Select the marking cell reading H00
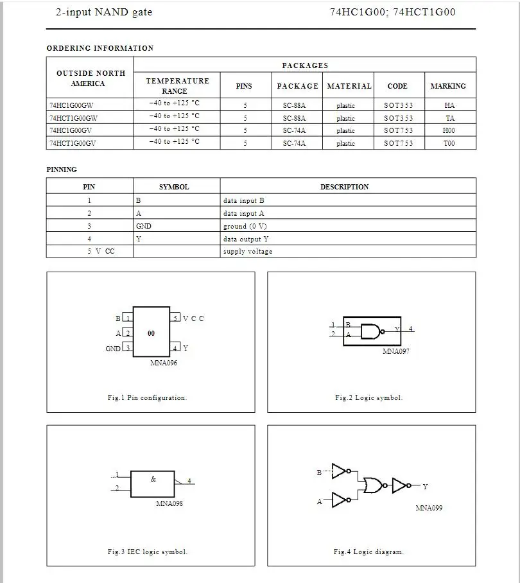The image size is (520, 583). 449,131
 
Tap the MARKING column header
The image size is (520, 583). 448,86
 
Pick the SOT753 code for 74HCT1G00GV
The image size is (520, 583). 399,144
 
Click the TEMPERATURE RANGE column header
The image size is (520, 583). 177,86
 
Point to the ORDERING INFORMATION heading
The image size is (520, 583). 100,48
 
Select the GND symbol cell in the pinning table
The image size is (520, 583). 144,226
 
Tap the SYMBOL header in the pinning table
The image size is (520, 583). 174,187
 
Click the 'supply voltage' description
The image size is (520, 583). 248,252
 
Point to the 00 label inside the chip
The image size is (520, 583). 151,334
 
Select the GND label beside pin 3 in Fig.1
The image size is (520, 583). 113,349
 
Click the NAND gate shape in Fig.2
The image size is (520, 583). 370,331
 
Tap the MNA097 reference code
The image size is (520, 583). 396,352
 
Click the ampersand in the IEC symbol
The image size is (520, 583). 153,478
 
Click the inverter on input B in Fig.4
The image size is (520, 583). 341,471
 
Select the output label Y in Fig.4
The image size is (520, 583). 425,487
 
